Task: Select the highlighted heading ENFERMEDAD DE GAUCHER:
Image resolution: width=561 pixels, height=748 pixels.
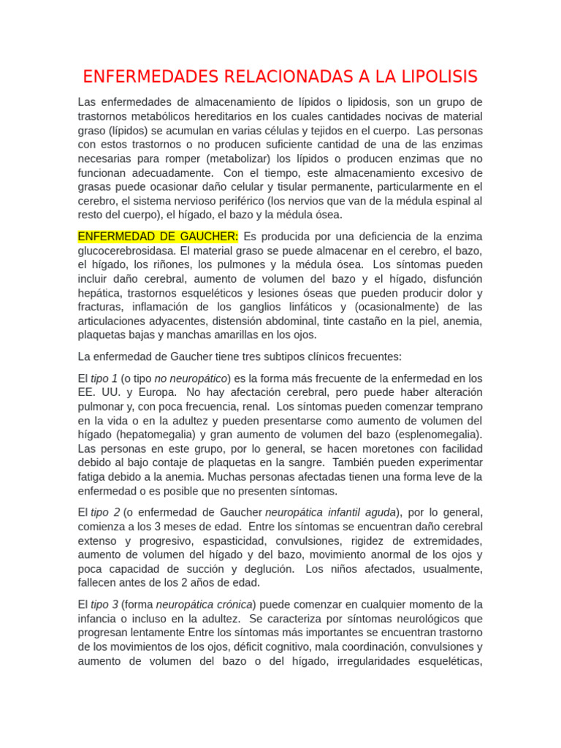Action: tap(158, 237)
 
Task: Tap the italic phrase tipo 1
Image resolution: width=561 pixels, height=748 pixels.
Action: tap(104, 378)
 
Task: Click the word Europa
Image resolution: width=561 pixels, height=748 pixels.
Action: tap(156, 392)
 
